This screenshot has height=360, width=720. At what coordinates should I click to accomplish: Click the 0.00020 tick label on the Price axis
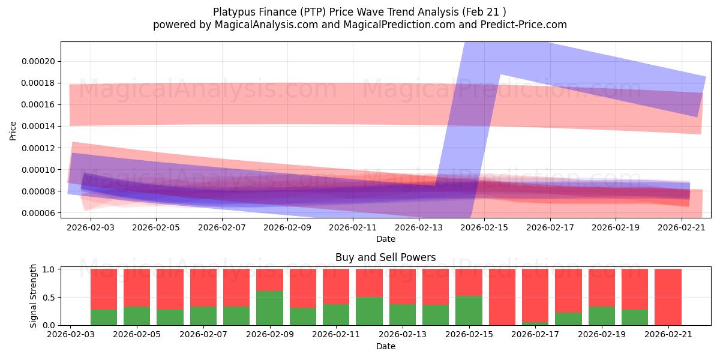tap(38, 61)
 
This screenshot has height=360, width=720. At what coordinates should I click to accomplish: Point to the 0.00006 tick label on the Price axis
tap(38, 213)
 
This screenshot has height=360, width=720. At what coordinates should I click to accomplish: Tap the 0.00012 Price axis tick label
tap(38, 148)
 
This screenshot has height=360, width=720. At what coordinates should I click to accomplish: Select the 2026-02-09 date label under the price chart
tap(287, 227)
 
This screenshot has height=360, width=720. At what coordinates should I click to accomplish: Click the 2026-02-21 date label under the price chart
tap(682, 227)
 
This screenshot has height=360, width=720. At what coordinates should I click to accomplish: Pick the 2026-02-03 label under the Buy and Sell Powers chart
tap(71, 334)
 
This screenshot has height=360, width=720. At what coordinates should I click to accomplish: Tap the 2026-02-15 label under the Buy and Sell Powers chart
tap(469, 334)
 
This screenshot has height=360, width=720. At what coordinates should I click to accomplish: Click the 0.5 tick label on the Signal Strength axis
tap(49, 298)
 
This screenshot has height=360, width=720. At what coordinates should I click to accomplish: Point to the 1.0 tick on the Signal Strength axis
tap(49, 269)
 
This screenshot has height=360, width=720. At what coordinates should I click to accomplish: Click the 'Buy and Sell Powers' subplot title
tap(385, 257)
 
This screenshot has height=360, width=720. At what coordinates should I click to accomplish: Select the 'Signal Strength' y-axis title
tap(33, 296)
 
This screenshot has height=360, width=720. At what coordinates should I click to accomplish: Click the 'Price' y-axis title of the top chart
tap(13, 131)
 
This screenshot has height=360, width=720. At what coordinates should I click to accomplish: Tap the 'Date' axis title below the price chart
tap(386, 239)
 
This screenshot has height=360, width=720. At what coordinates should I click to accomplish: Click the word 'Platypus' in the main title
tap(233, 12)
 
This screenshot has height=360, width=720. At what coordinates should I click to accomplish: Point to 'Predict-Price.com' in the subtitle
tap(524, 25)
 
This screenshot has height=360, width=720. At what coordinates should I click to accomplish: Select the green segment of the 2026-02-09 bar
tap(269, 308)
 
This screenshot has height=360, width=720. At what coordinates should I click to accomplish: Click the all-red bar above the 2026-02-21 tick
tap(668, 297)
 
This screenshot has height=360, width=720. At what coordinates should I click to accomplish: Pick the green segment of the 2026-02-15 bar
tap(469, 310)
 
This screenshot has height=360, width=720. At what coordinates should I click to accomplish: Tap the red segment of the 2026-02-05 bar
tap(137, 287)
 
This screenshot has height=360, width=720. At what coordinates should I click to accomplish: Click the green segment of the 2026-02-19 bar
tap(602, 316)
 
